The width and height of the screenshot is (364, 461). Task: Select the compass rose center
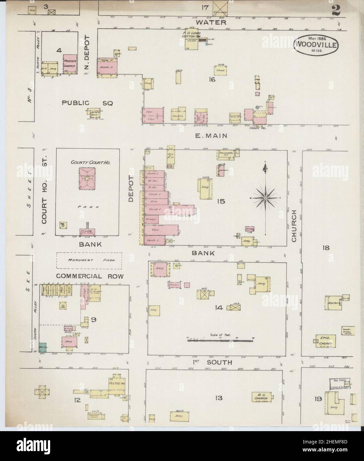click(x=265, y=198)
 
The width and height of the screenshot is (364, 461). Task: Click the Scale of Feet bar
click(x=221, y=340)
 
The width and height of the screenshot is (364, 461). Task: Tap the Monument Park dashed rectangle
click(x=89, y=261)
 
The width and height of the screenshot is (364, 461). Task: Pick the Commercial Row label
click(x=90, y=276)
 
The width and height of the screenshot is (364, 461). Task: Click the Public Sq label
click(x=87, y=103)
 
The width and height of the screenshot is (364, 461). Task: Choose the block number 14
click(x=218, y=307)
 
